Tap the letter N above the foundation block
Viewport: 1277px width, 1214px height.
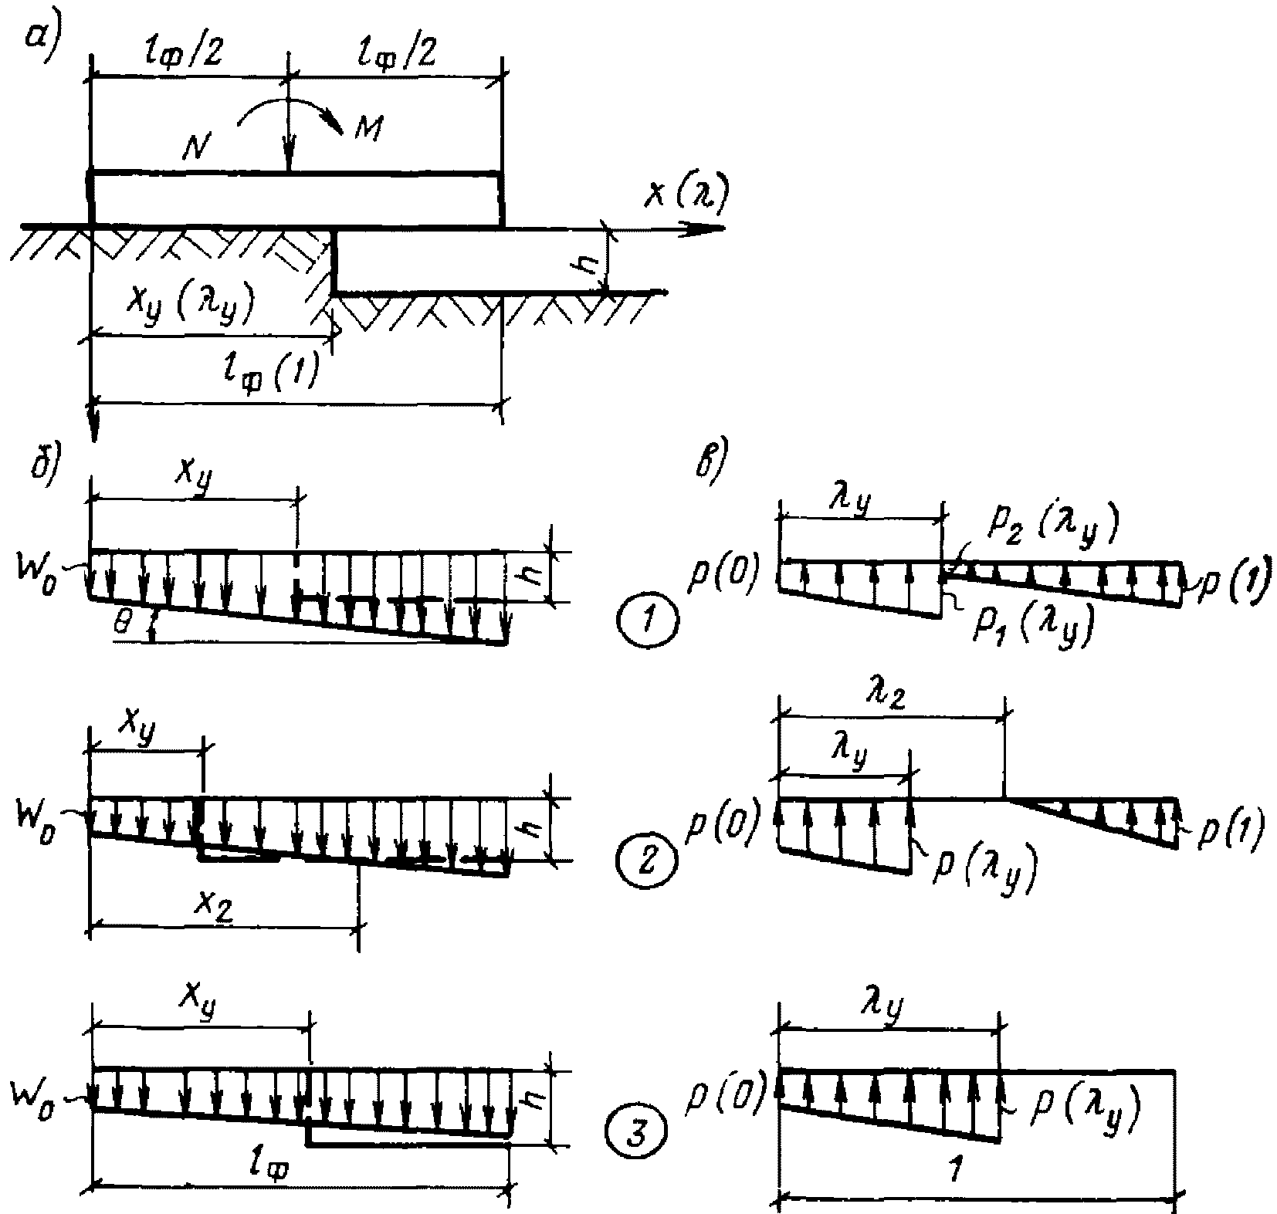tap(198, 146)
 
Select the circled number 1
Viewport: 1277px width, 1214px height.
tap(648, 619)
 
